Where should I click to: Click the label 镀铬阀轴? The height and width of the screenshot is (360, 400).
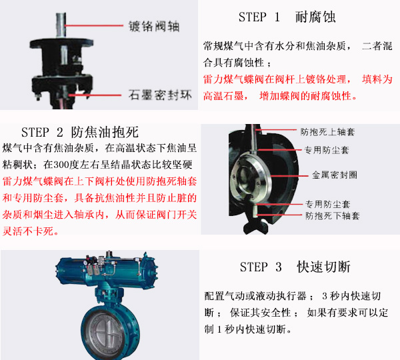(154, 26)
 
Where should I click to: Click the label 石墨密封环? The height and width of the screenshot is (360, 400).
(160, 95)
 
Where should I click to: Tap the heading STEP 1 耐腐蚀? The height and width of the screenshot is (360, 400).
(287, 17)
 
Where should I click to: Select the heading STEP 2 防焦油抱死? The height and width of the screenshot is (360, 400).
(80, 132)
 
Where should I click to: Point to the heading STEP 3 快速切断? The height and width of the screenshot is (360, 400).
(295, 267)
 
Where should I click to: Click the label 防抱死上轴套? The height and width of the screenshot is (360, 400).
(327, 132)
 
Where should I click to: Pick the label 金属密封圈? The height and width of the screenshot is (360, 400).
(335, 175)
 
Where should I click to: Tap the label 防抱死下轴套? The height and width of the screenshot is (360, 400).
(333, 216)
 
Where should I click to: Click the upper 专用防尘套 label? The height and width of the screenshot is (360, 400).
(327, 150)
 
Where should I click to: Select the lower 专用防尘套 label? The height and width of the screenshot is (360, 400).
(328, 204)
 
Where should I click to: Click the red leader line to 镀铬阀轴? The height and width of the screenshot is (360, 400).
(94, 25)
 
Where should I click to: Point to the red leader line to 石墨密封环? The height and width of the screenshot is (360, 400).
(95, 95)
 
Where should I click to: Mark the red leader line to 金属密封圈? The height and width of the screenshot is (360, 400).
(289, 176)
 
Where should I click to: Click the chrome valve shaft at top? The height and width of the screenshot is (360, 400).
(61, 25)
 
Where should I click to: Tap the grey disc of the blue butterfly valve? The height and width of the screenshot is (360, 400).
(108, 332)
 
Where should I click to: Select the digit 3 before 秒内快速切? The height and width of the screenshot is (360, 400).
(325, 296)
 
